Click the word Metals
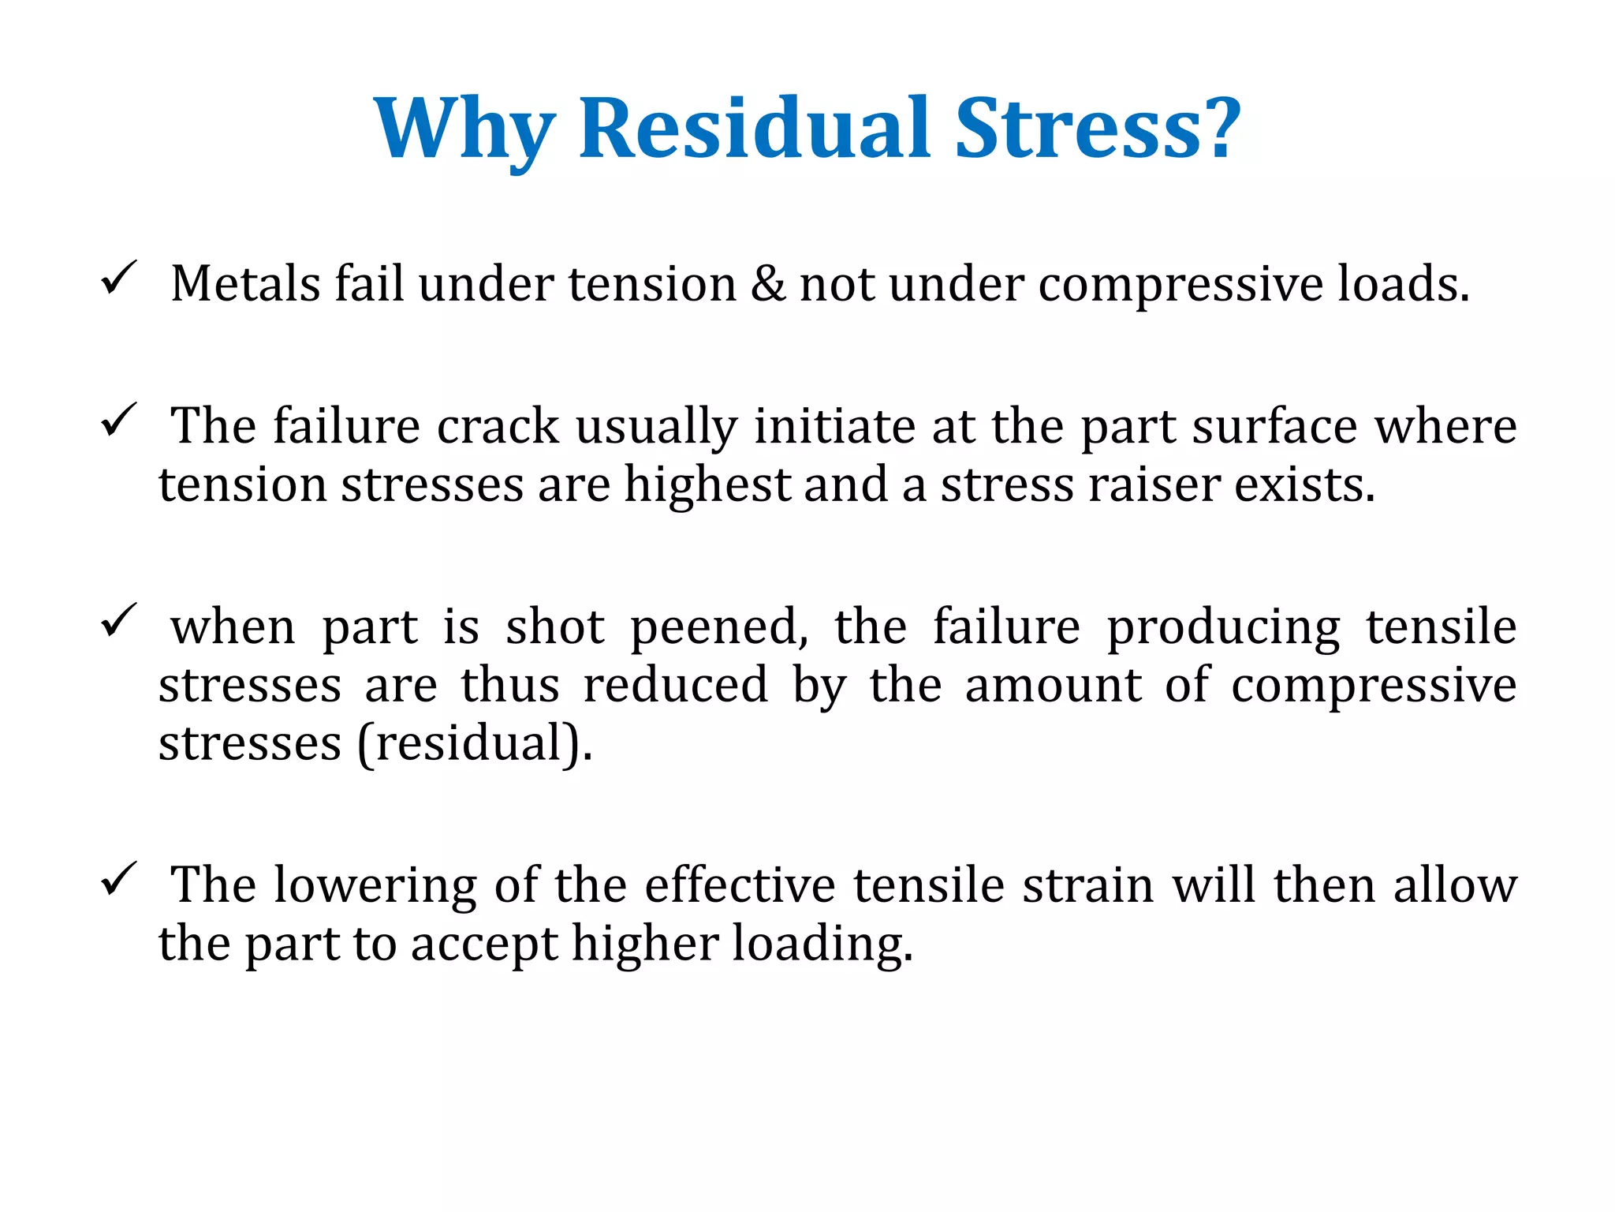pyautogui.click(x=245, y=284)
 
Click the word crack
pyautogui.click(x=498, y=427)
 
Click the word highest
pyautogui.click(x=707, y=484)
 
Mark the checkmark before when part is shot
pyautogui.click(x=119, y=621)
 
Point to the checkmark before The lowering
pyautogui.click(x=119, y=879)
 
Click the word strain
pyautogui.click(x=1089, y=885)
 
